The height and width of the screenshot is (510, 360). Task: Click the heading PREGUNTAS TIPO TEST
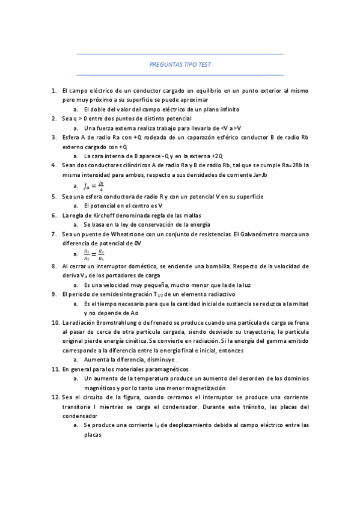[x=180, y=65]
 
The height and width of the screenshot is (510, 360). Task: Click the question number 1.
[x=54, y=90]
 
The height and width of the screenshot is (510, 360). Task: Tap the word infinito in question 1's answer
[x=228, y=109]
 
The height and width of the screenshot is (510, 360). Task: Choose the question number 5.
[x=54, y=196]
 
